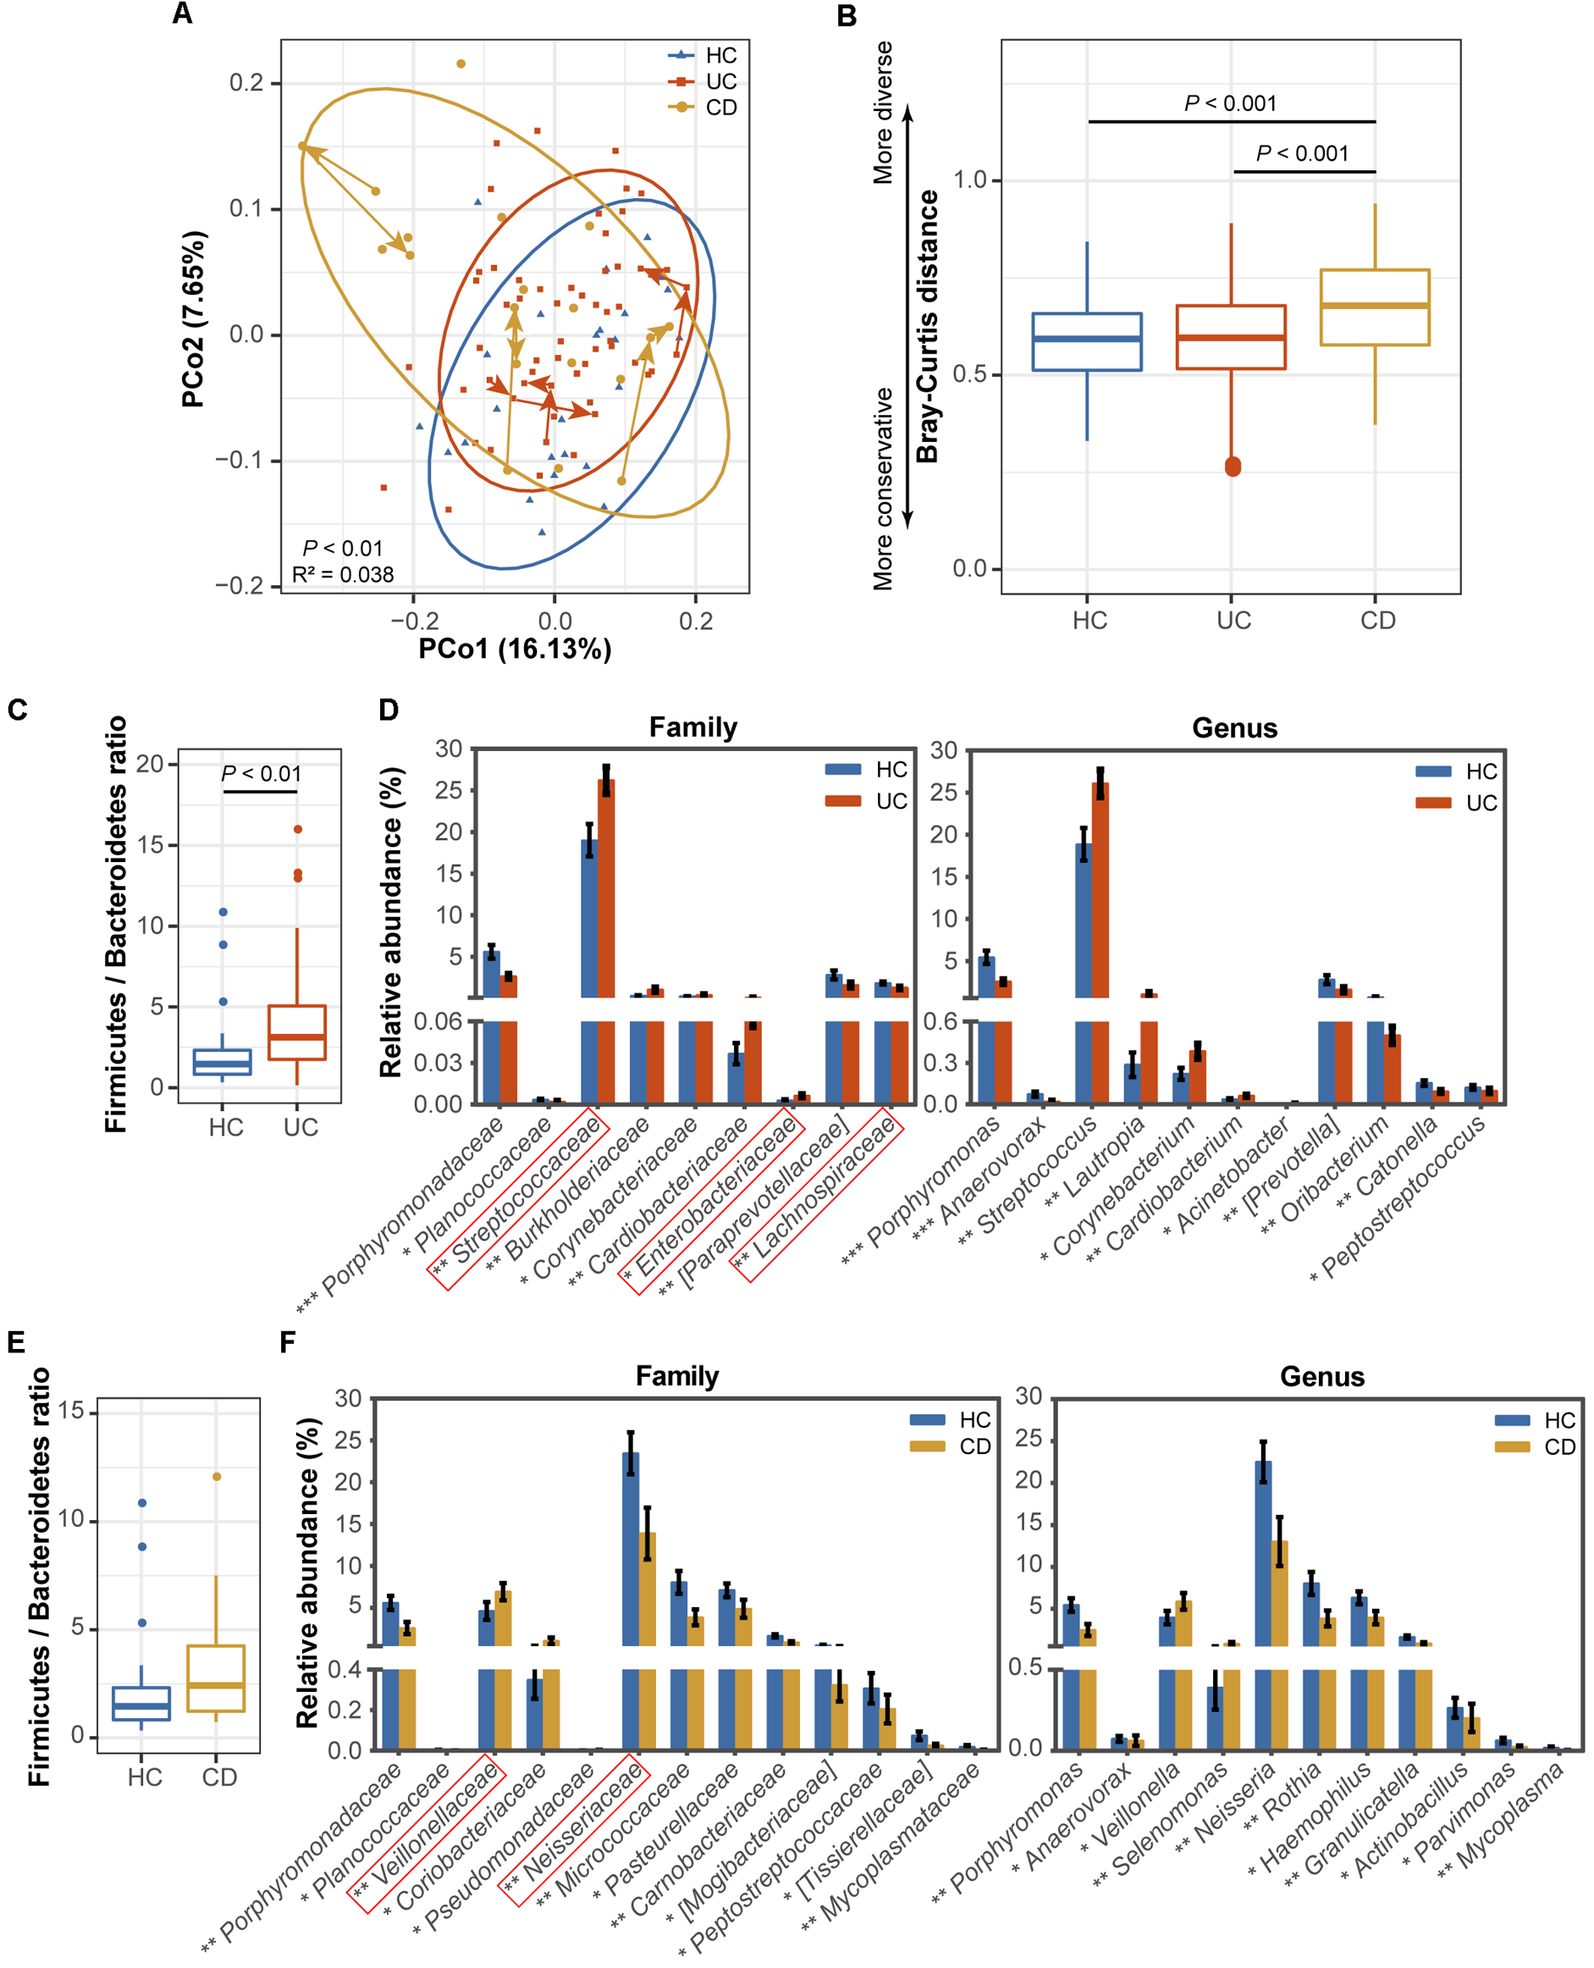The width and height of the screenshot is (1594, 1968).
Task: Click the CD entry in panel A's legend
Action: pyautogui.click(x=720, y=108)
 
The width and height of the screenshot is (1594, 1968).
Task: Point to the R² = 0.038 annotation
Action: pyautogui.click(x=343, y=575)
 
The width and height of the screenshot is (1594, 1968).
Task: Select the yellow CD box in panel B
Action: pyautogui.click(x=1375, y=307)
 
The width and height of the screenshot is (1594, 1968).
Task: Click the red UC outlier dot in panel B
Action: pyautogui.click(x=1233, y=467)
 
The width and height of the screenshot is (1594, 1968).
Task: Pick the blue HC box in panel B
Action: pyautogui.click(x=1087, y=341)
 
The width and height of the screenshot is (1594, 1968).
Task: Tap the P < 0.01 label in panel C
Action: pyautogui.click(x=261, y=774)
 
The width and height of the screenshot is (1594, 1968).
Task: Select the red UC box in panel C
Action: pyautogui.click(x=296, y=1032)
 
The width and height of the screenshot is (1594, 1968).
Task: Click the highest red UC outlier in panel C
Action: pyautogui.click(x=297, y=829)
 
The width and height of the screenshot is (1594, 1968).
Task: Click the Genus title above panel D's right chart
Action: pyautogui.click(x=1234, y=728)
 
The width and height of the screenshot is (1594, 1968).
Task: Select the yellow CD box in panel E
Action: pyautogui.click(x=216, y=1678)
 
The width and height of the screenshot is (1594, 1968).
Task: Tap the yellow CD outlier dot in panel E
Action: pyautogui.click(x=217, y=1477)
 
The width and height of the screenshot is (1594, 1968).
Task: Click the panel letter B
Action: pyautogui.click(x=847, y=15)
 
